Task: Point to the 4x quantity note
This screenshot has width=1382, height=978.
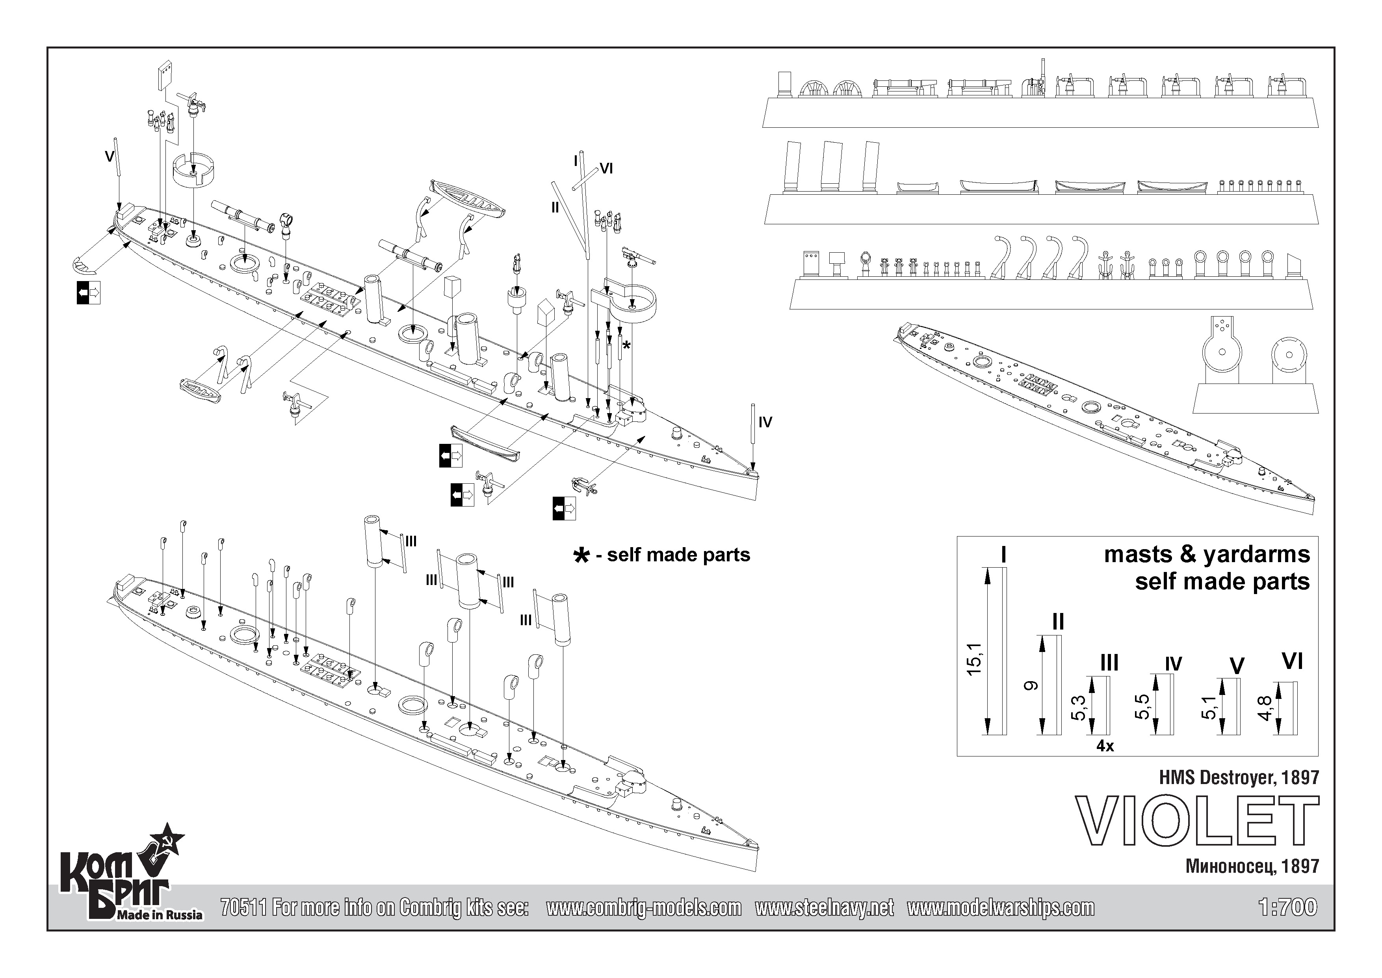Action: point(1105,746)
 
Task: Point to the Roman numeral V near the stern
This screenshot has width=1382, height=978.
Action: point(109,156)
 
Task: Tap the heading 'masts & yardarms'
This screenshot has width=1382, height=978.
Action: point(1206,554)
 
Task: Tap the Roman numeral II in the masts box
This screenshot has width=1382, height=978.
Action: point(1057,622)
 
